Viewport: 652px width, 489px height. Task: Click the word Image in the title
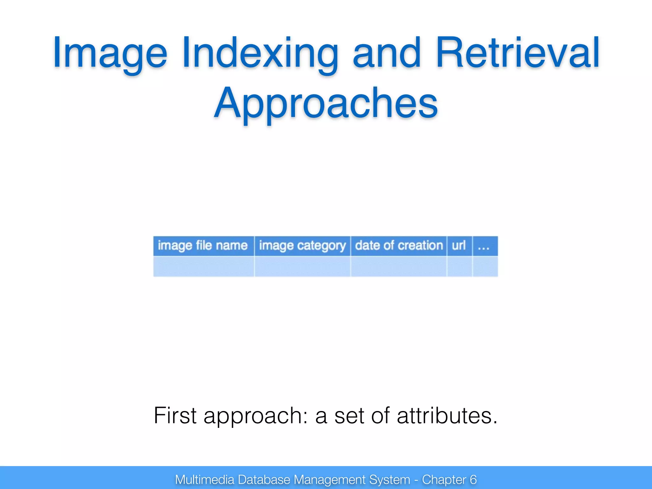110,53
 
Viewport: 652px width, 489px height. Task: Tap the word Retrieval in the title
518,53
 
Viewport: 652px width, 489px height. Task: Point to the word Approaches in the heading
326,103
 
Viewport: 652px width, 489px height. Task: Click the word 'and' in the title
387,53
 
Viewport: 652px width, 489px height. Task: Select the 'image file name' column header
203,246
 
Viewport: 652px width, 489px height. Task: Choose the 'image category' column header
302,246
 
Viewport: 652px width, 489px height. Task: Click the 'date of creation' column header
399,246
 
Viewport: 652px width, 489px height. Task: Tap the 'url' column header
459,246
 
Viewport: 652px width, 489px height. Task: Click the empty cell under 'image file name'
203,267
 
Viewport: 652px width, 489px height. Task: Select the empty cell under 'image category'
302,267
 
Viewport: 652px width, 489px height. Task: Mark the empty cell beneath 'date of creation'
399,267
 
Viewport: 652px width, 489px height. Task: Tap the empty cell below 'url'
459,267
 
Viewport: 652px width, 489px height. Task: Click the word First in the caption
175,415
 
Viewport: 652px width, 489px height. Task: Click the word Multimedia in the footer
204,479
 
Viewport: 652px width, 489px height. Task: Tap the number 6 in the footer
473,479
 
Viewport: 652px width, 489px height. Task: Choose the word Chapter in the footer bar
444,479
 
